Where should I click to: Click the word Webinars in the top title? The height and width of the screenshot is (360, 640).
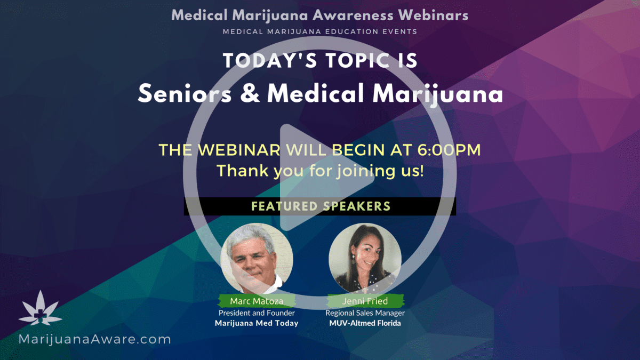pyautogui.click(x=433, y=15)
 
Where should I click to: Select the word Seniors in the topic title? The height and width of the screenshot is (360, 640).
pyautogui.click(x=185, y=94)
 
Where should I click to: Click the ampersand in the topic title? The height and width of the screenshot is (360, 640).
pyautogui.click(x=250, y=93)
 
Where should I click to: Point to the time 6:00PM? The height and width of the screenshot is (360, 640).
pyautogui.click(x=449, y=150)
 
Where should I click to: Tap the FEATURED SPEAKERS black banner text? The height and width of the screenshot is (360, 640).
pyautogui.click(x=321, y=206)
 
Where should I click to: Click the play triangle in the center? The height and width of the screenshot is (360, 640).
pyautogui.click(x=320, y=177)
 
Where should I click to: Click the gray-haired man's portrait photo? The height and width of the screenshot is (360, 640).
pyautogui.click(x=257, y=259)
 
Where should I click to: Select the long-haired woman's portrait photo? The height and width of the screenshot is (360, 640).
pyautogui.click(x=365, y=259)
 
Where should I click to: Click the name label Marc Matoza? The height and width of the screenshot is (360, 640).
pyautogui.click(x=257, y=301)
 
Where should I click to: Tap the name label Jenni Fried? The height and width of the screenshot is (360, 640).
pyautogui.click(x=365, y=301)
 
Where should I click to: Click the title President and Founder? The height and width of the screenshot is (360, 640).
pyautogui.click(x=257, y=313)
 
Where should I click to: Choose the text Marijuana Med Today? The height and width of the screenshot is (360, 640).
pyautogui.click(x=257, y=323)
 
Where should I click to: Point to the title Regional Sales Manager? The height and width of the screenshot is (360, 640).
pyautogui.click(x=365, y=313)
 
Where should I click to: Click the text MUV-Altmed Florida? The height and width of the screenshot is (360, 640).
pyautogui.click(x=365, y=323)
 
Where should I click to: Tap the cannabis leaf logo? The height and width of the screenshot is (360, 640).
pyautogui.click(x=41, y=309)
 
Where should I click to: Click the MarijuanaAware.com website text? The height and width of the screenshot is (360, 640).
pyautogui.click(x=94, y=339)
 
